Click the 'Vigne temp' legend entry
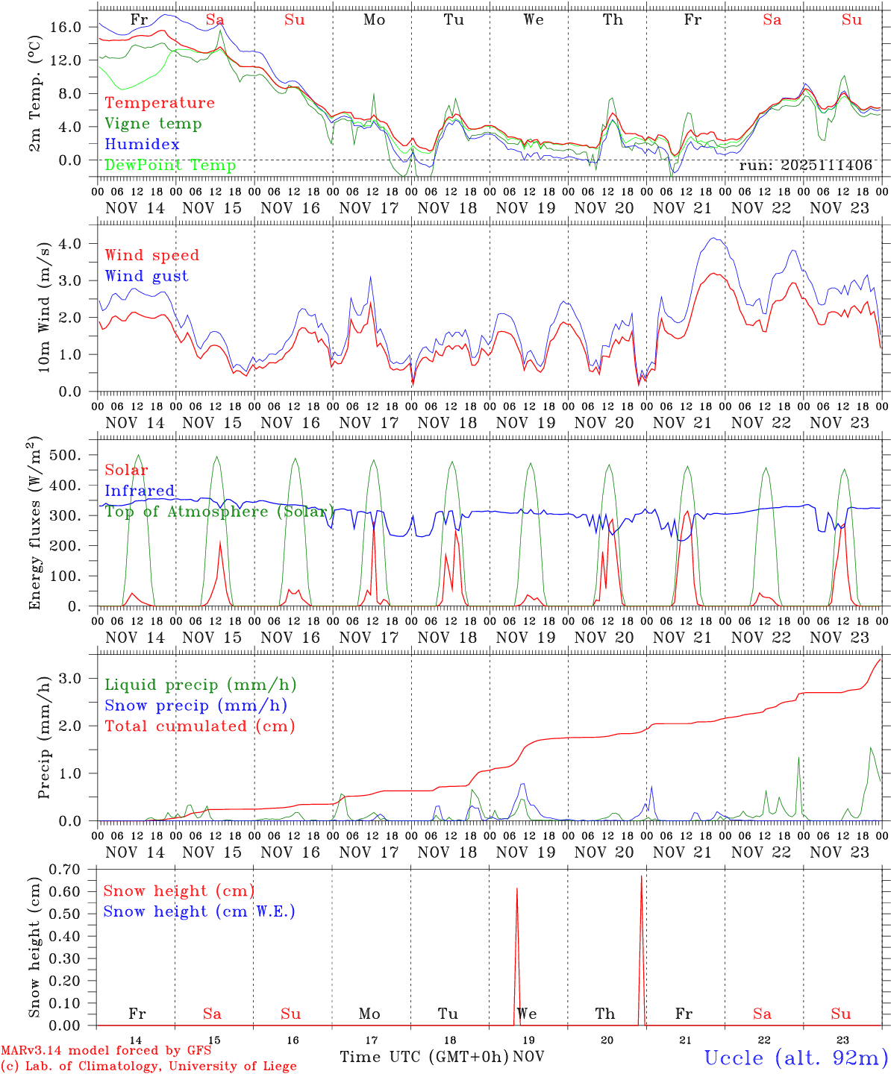153,124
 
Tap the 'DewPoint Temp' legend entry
170,166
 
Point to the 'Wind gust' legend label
146,276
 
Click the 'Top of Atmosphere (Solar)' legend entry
219,512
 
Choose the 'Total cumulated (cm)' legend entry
199,726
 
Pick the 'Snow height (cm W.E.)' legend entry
198,911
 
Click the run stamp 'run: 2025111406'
805,166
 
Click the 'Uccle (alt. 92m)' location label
796,1058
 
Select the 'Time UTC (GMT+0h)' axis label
425,1057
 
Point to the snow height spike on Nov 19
516,955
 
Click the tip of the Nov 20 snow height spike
641,877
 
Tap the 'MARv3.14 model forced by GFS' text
106,1051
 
